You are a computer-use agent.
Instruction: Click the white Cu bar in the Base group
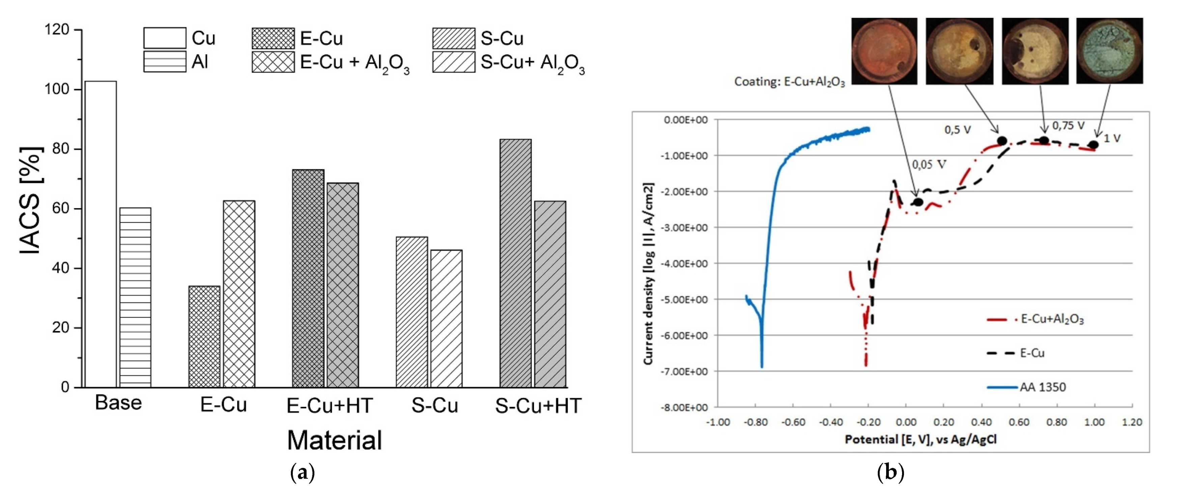(101, 233)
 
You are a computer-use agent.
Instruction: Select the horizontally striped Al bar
(135, 298)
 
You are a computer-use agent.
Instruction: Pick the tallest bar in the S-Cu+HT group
(515, 263)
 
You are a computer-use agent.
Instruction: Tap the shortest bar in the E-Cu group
(204, 337)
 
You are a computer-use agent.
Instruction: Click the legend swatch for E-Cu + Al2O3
(273, 62)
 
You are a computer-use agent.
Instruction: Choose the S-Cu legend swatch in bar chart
(453, 38)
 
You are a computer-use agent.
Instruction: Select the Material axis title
(334, 440)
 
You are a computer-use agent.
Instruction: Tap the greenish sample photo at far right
(1109, 51)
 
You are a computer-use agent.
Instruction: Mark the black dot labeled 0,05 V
(918, 202)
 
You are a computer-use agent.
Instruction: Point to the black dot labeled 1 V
(1093, 145)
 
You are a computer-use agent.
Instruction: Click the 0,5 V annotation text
(957, 130)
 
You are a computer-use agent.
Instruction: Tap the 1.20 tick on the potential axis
(1131, 422)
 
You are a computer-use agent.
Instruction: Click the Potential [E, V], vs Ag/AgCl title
(921, 440)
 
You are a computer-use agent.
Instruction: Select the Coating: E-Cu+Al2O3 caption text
(789, 82)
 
